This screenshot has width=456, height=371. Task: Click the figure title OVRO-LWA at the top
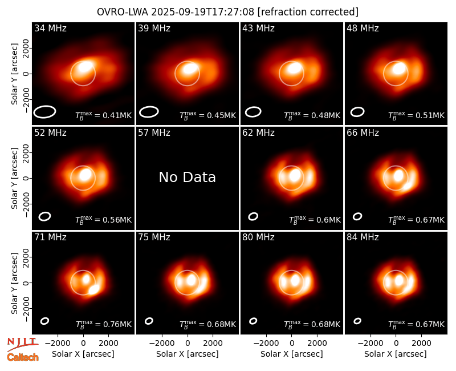(123, 12)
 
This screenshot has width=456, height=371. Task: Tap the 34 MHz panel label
(50, 28)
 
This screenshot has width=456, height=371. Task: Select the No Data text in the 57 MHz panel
(188, 177)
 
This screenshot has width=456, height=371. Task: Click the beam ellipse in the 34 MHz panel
(44, 112)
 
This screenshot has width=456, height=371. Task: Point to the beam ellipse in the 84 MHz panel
(357, 321)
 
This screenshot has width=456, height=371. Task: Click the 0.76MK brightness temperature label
(104, 324)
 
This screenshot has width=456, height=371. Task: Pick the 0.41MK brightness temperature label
(104, 115)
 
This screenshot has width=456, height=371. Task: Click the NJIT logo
(22, 344)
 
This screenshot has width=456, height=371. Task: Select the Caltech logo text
(23, 357)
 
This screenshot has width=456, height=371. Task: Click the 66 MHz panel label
(363, 133)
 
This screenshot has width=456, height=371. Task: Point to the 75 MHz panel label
(154, 237)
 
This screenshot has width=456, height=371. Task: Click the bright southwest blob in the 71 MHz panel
(93, 289)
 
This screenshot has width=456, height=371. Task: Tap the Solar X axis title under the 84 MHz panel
(396, 354)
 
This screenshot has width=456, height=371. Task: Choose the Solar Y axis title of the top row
(15, 74)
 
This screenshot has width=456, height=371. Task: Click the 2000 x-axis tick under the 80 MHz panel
(317, 344)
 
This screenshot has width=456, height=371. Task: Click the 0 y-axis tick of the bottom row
(26, 283)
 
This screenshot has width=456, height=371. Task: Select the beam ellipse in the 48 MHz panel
(357, 112)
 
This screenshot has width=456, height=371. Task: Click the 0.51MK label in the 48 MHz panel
(417, 115)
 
